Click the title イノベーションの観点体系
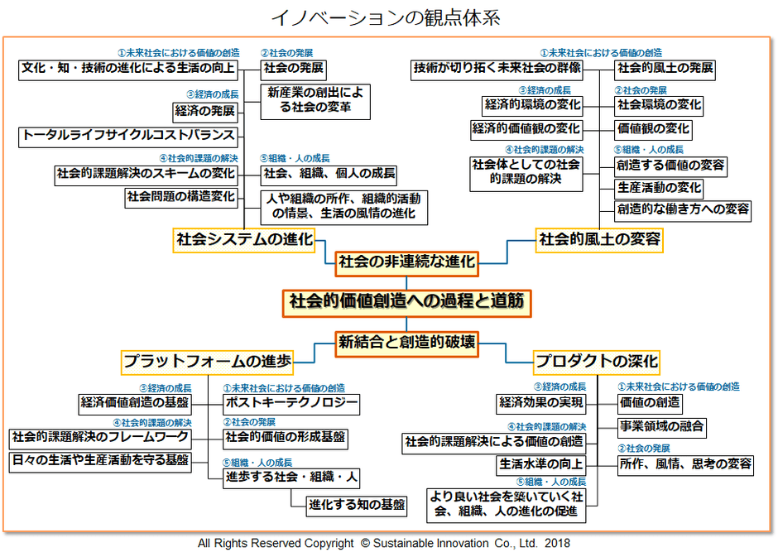pyautogui.click(x=387, y=17)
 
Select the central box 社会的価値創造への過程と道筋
pyautogui.click(x=406, y=302)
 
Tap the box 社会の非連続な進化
pyautogui.click(x=406, y=263)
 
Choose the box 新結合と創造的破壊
pyautogui.click(x=406, y=341)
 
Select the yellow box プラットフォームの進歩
pyautogui.click(x=207, y=361)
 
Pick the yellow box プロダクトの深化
pyautogui.click(x=597, y=361)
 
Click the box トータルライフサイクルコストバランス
pyautogui.click(x=128, y=135)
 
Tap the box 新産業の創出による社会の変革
pyautogui.click(x=315, y=101)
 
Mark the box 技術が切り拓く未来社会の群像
pyautogui.click(x=497, y=69)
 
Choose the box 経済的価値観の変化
pyautogui.click(x=526, y=129)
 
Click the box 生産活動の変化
pyautogui.click(x=659, y=188)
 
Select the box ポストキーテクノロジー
pyautogui.click(x=292, y=404)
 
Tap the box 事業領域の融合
pyautogui.click(x=662, y=427)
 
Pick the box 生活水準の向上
pyautogui.click(x=541, y=463)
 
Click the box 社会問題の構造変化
pyautogui.click(x=181, y=197)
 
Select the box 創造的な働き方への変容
pyautogui.click(x=683, y=209)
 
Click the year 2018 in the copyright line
pyautogui.click(x=557, y=544)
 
